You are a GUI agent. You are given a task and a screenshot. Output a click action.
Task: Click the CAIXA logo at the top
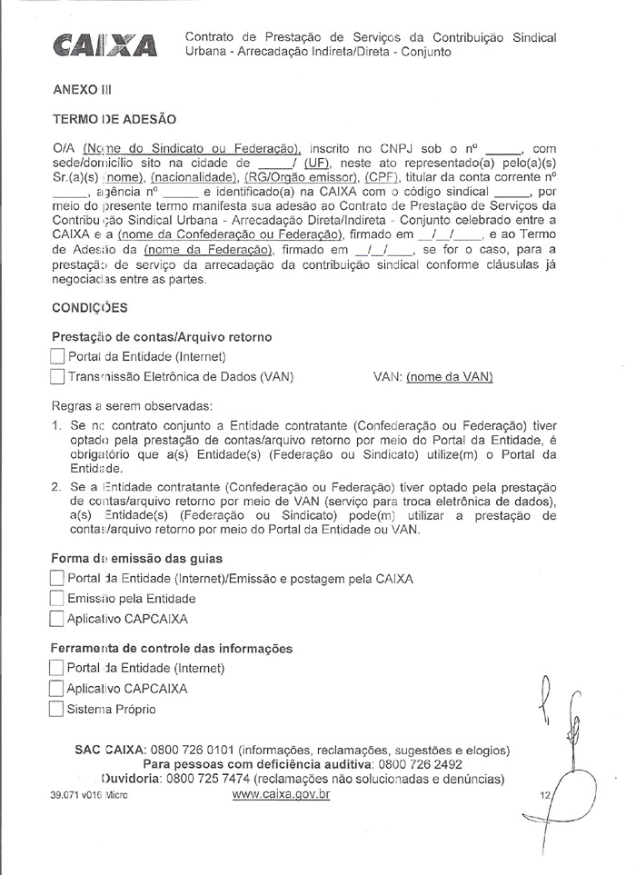[x=105, y=45]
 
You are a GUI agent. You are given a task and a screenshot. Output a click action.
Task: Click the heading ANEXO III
[x=81, y=90]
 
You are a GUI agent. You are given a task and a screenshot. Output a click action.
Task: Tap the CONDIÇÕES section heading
[x=89, y=307]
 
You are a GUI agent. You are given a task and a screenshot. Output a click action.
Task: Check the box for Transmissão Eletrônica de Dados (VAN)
[x=58, y=376]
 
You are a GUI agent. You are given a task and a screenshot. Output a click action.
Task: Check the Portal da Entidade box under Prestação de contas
[x=58, y=356]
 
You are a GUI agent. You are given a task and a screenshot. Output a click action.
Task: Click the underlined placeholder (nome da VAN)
[x=450, y=376]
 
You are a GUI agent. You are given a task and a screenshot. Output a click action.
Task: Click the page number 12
[x=545, y=795]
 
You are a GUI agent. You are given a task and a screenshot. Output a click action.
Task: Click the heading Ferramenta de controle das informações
[x=173, y=649]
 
